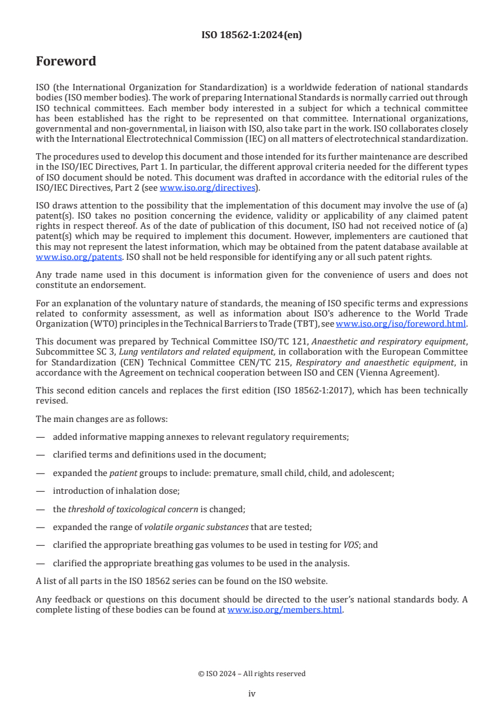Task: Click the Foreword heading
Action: click(66, 62)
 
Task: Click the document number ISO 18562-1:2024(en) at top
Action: click(252, 36)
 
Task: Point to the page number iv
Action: click(252, 694)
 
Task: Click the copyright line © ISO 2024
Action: click(252, 674)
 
